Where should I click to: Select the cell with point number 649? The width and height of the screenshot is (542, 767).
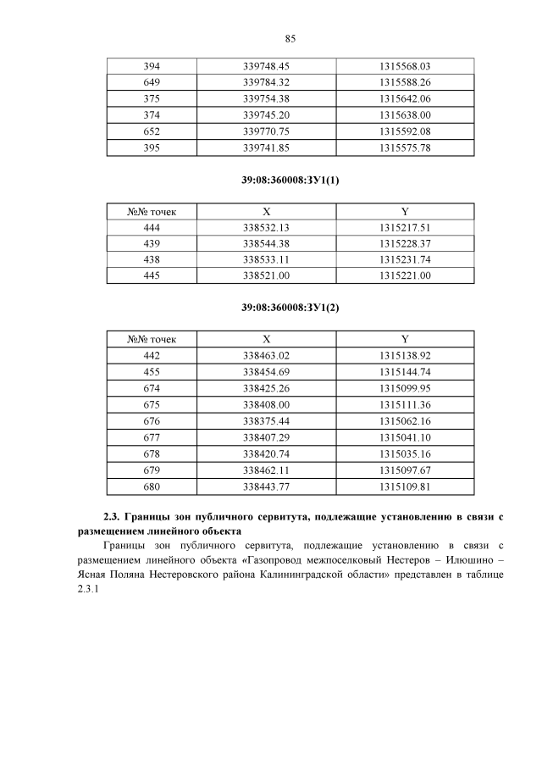(152, 82)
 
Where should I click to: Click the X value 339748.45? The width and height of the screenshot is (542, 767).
(267, 66)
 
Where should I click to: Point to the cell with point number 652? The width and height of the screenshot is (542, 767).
(152, 131)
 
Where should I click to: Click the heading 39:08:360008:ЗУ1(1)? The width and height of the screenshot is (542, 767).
(290, 180)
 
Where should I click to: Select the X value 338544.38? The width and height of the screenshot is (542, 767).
(267, 244)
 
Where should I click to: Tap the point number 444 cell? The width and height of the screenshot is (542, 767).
(152, 228)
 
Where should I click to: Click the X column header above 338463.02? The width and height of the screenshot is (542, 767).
(267, 339)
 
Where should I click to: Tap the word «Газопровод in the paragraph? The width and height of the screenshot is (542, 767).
(271, 560)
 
